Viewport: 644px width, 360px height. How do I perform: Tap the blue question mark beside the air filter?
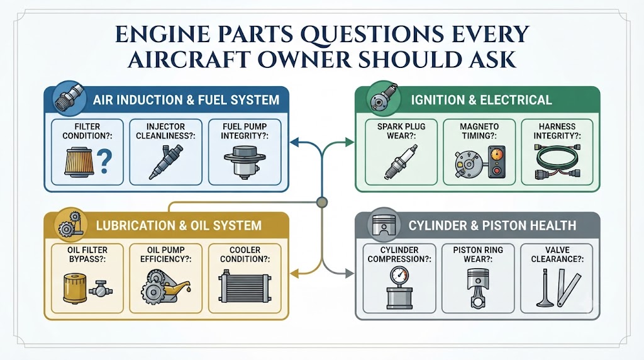(104, 162)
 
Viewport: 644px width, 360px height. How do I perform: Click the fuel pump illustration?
(245, 162)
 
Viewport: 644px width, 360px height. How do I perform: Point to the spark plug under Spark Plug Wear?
(401, 162)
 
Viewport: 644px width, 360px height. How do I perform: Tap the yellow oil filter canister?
(74, 290)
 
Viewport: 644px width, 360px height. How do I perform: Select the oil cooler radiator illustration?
(245, 288)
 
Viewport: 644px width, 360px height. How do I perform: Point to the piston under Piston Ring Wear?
(479, 288)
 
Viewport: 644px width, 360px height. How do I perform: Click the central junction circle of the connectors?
(323, 202)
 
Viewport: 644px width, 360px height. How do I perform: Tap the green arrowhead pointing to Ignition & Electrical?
(350, 143)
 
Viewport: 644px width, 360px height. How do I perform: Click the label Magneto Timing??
(479, 131)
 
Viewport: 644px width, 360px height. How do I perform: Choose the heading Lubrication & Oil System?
(179, 225)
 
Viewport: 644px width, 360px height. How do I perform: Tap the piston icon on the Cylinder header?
(384, 225)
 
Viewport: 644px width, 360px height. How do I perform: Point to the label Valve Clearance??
(557, 254)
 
